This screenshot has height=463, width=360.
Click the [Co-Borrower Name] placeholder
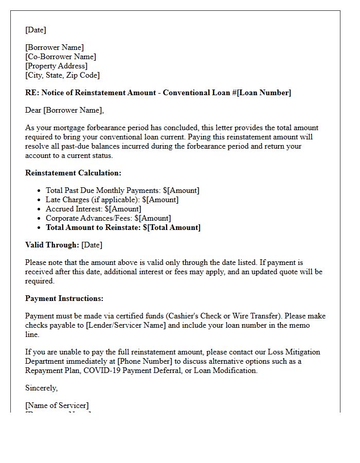(x=61, y=57)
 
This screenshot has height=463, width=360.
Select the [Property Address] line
(x=56, y=66)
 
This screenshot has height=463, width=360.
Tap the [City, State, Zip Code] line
(x=62, y=75)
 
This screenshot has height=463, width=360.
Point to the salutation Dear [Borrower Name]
(x=64, y=110)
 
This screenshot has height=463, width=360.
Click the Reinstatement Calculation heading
(x=73, y=173)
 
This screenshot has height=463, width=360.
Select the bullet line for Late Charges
(x=112, y=200)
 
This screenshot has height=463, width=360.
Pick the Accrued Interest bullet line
(x=93, y=209)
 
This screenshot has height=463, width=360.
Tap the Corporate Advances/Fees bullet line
(x=108, y=218)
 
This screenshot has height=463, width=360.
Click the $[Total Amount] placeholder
(x=172, y=227)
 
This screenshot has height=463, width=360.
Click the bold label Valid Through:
(x=52, y=245)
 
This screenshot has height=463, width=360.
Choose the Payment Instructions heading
(x=64, y=298)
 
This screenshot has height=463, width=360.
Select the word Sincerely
(x=41, y=388)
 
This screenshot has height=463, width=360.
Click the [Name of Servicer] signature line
(x=57, y=405)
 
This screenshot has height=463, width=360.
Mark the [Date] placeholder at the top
(x=35, y=30)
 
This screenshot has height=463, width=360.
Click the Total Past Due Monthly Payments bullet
(x=122, y=190)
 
